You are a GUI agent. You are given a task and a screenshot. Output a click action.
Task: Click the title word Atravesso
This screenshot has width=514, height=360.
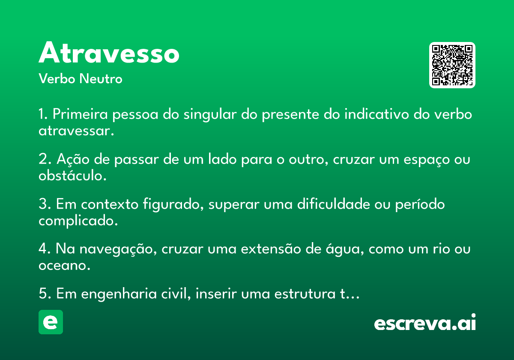tap(109, 52)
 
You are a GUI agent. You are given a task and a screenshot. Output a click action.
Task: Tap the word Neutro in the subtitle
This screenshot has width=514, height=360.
tap(101, 78)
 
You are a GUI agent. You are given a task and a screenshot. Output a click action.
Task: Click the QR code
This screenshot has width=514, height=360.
tap(452, 65)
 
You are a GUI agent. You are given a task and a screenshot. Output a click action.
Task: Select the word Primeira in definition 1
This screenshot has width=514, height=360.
tap(80, 114)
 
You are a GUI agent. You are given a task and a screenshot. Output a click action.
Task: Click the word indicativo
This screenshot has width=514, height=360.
tap(377, 114)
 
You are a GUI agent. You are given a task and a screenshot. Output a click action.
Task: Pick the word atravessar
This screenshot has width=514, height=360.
tap(76, 131)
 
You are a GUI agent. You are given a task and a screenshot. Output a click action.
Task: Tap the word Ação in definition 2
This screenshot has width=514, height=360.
tap(73, 159)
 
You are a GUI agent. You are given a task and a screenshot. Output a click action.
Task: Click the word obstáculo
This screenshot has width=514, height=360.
tap(72, 175)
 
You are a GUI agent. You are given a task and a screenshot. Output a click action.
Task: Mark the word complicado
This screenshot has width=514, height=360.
tap(78, 221)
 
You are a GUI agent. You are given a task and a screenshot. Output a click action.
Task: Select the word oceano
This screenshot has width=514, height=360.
tap(65, 266)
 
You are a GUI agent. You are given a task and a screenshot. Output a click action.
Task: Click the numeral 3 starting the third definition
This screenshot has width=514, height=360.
tap(43, 204)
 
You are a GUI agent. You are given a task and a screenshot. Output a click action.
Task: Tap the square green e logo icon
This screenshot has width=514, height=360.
tap(51, 322)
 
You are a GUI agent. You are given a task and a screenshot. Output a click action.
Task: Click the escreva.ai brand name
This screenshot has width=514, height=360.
tap(425, 322)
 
